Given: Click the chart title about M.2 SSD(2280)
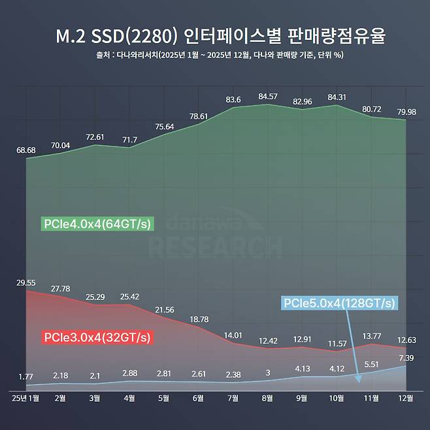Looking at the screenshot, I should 215,35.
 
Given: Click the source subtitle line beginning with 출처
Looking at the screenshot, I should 215,55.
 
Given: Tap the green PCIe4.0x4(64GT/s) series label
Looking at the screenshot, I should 97,224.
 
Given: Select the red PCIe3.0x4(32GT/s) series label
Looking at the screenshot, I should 97,338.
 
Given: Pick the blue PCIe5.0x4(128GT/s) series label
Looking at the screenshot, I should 339,304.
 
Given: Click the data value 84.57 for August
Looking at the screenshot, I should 267,97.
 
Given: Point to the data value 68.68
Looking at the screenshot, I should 26,150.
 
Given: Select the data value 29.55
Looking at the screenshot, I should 26,282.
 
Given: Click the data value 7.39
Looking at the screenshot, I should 406,357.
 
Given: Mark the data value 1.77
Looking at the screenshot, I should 26,376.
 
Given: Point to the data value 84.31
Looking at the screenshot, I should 337,98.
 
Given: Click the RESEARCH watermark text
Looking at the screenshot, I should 215,246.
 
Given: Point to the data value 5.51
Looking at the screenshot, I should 371,365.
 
